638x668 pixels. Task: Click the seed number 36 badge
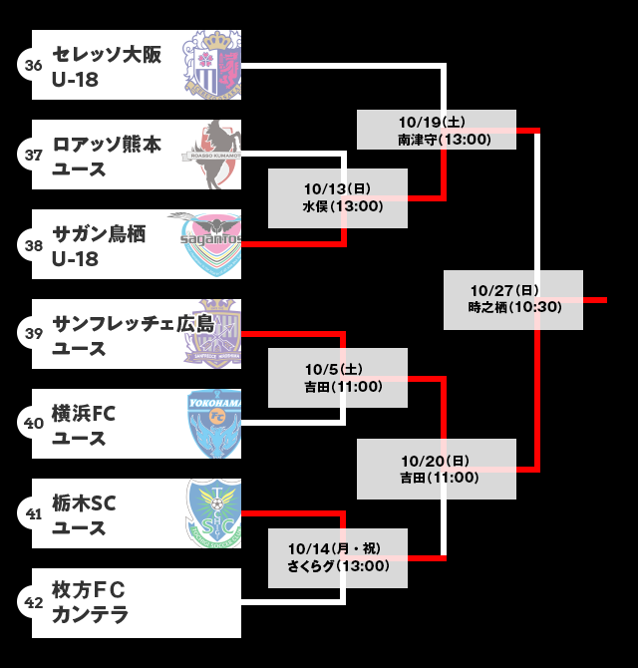point(33,65)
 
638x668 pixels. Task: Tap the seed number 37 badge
point(33,155)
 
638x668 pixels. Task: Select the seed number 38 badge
point(33,244)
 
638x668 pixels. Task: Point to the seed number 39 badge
point(33,334)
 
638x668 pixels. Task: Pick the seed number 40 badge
point(33,424)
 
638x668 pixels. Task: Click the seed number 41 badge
point(33,513)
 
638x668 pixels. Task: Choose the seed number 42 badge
point(33,603)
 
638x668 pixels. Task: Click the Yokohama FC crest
point(214,424)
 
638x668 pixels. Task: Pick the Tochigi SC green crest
point(214,513)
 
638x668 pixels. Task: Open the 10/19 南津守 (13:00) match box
point(437,130)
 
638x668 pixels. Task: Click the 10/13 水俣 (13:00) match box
point(338,197)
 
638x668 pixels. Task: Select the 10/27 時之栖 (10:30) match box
point(512,299)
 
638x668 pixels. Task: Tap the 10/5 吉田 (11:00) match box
point(338,377)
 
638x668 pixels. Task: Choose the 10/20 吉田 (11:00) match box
point(437,469)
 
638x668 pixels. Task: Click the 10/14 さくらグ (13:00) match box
point(338,557)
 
